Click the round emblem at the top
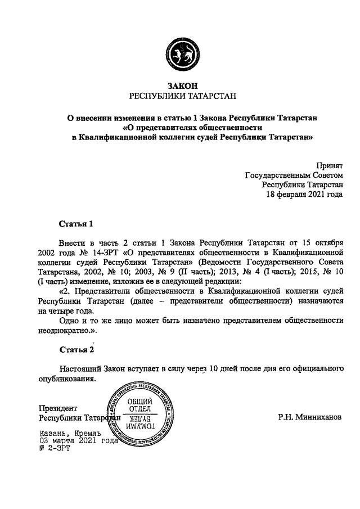[180, 53]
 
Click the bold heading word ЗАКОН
[181, 86]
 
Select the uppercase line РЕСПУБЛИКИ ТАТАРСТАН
[181, 96]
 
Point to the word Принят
[328, 165]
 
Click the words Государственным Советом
[294, 174]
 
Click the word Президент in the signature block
[58, 408]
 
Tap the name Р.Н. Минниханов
[309, 418]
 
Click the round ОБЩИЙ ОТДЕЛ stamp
[138, 415]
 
